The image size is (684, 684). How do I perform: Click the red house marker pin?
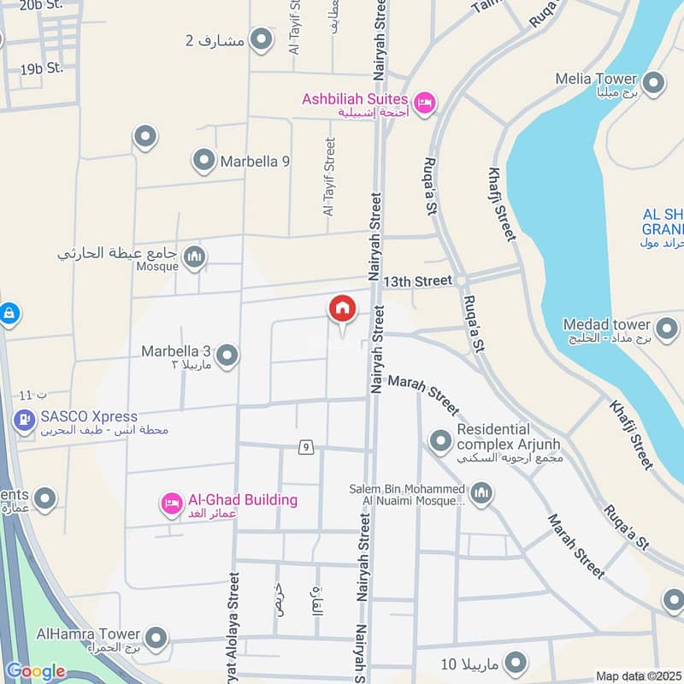pyautogui.click(x=342, y=310)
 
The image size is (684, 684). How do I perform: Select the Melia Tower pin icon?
pyautogui.click(x=654, y=83)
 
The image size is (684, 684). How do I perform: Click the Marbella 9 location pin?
pyautogui.click(x=203, y=160)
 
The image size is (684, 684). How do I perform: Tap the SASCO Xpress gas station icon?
pyautogui.click(x=23, y=421)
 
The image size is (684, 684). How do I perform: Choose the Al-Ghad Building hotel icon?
pyautogui.click(x=171, y=504)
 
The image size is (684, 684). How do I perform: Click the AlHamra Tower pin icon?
pyautogui.click(x=156, y=638)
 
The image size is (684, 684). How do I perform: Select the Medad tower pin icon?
pyautogui.click(x=665, y=326)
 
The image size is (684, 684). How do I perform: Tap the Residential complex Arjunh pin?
pyautogui.click(x=440, y=440)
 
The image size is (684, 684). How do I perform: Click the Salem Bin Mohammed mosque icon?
pyautogui.click(x=481, y=493)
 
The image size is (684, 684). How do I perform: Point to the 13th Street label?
pyautogui.click(x=416, y=280)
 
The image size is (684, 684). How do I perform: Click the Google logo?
pyautogui.click(x=35, y=671)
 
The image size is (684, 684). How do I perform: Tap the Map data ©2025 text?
pyautogui.click(x=638, y=676)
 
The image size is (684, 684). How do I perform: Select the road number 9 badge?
pyautogui.click(x=305, y=446)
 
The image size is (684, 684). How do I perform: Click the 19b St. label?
pyautogui.click(x=42, y=67)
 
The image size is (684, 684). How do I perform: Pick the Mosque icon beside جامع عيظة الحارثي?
pyautogui.click(x=195, y=256)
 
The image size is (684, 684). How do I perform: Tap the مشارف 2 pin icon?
pyautogui.click(x=261, y=39)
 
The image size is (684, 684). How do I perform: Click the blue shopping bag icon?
pyautogui.click(x=9, y=314)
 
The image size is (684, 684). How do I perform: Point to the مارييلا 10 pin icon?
pyautogui.click(x=515, y=662)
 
